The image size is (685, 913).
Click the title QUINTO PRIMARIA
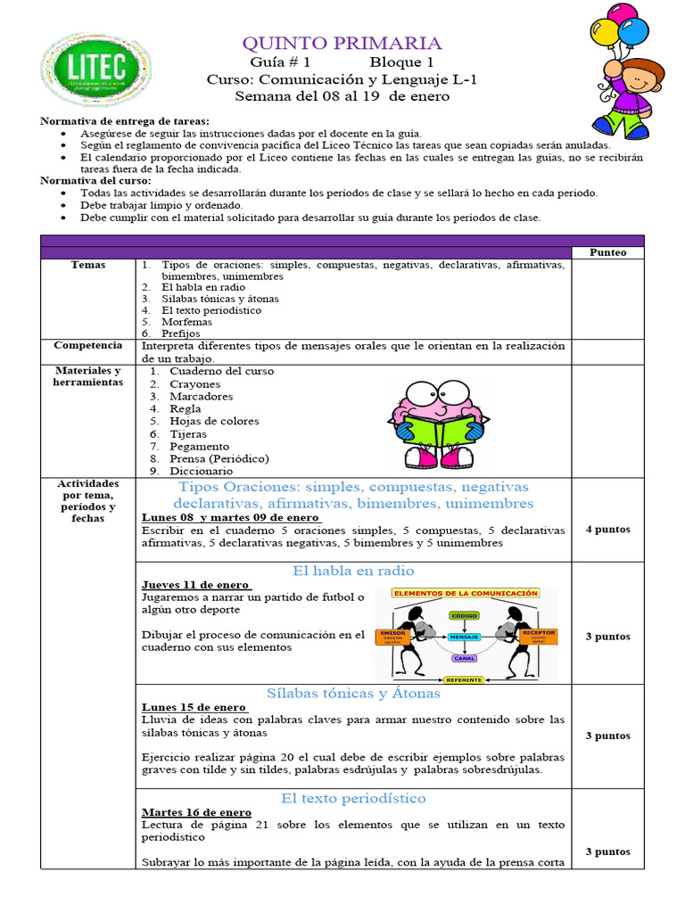point(342,43)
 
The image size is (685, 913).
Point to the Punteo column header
point(607,252)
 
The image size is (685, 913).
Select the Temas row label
point(88,265)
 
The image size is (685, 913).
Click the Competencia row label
point(88,345)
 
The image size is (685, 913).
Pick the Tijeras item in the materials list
point(187,433)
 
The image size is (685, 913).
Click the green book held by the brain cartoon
point(434,426)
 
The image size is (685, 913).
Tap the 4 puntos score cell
point(607,530)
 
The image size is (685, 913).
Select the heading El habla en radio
point(353,571)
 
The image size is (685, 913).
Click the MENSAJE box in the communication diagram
point(465,637)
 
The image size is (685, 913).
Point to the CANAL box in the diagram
point(465,659)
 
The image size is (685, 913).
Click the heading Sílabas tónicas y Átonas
point(353,693)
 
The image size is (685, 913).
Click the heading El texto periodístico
point(353,798)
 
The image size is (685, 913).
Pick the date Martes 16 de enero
point(196,812)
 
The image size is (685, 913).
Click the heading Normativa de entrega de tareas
point(125,120)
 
